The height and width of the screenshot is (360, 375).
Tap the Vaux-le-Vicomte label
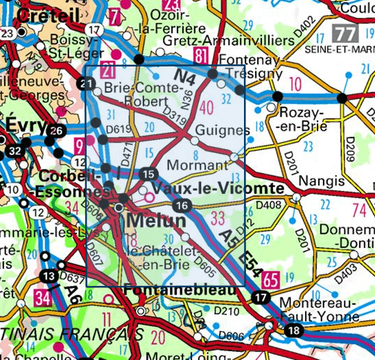[x=218, y=188]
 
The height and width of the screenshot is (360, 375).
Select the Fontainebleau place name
[x=182, y=291]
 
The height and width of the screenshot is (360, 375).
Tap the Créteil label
[x=49, y=14]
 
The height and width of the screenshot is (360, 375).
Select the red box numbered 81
[x=202, y=56]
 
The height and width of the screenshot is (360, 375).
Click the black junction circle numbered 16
[x=182, y=205]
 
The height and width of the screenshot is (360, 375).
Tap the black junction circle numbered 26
[x=56, y=131]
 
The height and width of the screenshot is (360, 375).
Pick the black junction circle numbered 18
[x=293, y=330]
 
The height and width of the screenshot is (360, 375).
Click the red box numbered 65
[x=271, y=280]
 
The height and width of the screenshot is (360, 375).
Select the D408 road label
[x=269, y=204]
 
